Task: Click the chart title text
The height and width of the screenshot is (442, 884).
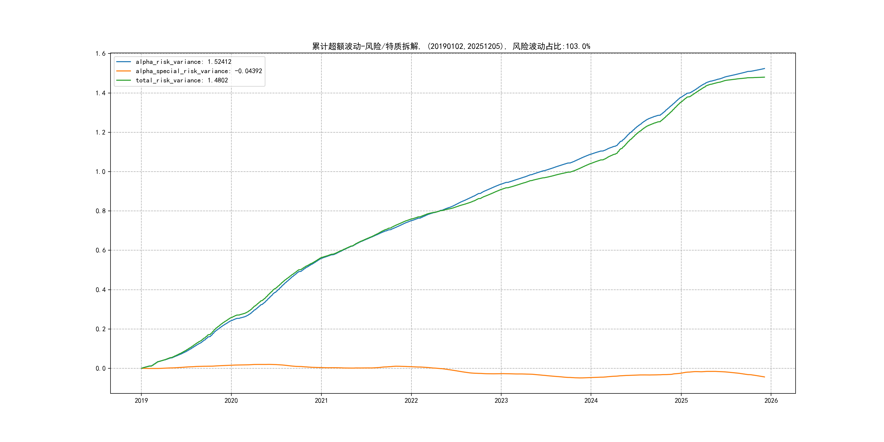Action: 451,46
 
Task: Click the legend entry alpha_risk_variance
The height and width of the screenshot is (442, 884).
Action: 183,62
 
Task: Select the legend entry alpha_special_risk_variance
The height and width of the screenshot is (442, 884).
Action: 199,71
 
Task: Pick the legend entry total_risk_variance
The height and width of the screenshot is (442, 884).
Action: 181,80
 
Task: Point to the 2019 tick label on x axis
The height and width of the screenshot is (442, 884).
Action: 141,401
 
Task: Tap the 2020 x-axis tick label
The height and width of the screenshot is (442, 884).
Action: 231,401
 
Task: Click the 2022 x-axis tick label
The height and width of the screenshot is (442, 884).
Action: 411,401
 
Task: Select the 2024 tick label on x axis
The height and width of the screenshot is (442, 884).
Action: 591,401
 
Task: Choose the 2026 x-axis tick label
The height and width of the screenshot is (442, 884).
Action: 771,401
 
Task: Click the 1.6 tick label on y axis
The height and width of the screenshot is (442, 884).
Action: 101,53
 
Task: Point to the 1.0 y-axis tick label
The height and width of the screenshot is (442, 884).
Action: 101,172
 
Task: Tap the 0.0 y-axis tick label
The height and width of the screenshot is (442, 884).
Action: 101,369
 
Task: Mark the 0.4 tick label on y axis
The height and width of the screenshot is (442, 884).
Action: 101,290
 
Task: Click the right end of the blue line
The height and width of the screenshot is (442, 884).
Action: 764,69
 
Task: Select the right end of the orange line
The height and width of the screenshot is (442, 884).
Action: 764,377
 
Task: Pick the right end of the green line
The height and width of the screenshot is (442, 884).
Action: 764,77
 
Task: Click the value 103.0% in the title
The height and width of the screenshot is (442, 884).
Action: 578,46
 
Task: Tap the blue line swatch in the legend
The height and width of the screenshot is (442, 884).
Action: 124,62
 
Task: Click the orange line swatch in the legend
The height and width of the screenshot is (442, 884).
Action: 124,71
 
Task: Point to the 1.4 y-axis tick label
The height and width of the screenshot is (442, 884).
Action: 101,93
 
